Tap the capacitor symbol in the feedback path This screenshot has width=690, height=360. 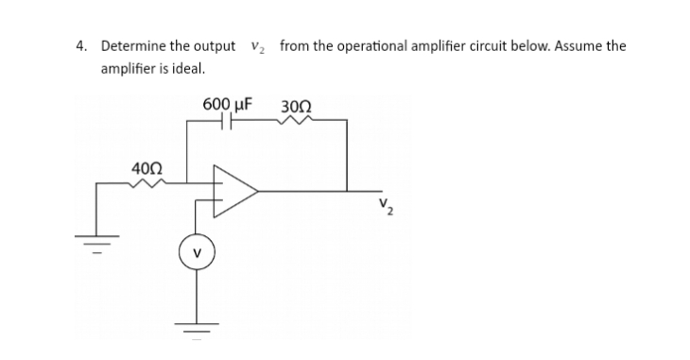point(227,122)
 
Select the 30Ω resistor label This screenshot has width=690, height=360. point(295,103)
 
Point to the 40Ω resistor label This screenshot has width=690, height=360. point(147,168)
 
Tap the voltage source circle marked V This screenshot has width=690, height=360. point(197,255)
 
